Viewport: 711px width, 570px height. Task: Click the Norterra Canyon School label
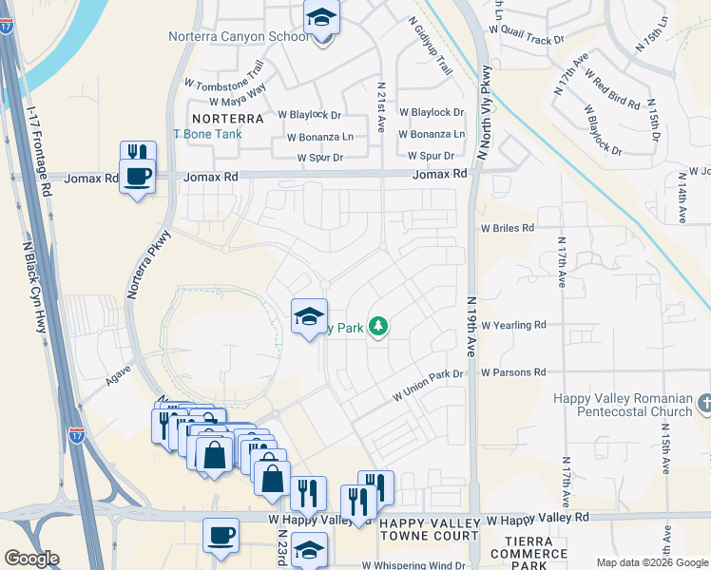coord(239,37)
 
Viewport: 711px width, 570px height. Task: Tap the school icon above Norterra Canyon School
coord(321,18)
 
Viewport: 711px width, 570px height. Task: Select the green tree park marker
coord(379,328)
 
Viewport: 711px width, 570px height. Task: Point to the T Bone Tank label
coord(207,134)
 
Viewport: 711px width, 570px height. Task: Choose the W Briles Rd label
coord(508,228)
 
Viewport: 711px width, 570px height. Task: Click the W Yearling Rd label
coord(513,325)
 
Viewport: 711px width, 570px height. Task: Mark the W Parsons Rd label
coord(514,372)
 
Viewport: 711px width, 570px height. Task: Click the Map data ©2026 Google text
coord(650,562)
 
